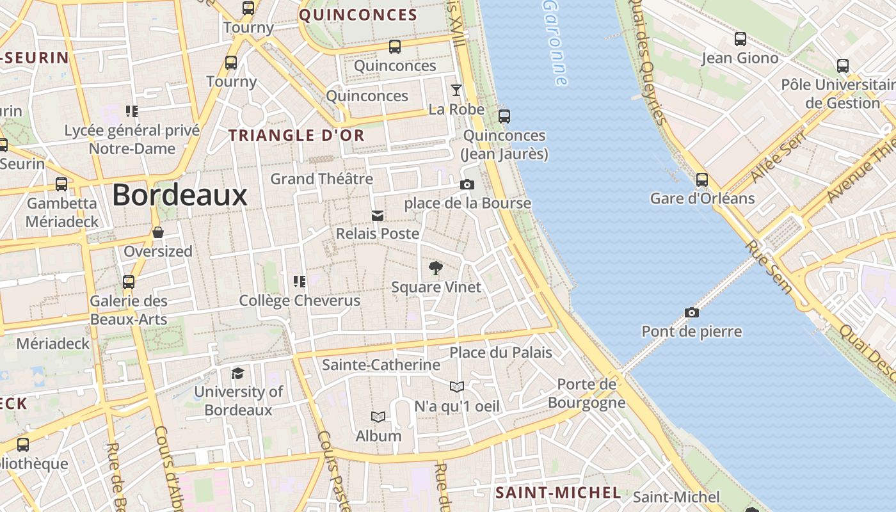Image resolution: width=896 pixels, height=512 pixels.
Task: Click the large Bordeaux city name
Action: pyautogui.click(x=180, y=195)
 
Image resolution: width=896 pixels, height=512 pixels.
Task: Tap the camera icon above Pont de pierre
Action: pyautogui.click(x=691, y=312)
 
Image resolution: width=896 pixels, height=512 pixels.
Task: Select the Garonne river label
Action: pyautogui.click(x=555, y=42)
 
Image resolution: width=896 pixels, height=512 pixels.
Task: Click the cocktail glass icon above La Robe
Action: pyautogui.click(x=456, y=90)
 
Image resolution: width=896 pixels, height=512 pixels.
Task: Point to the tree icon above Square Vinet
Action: pyautogui.click(x=436, y=268)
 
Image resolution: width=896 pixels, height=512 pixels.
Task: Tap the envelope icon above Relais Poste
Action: pyautogui.click(x=378, y=215)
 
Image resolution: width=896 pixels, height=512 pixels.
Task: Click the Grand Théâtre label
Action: pyautogui.click(x=321, y=179)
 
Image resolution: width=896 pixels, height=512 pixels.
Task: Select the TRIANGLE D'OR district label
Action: pyautogui.click(x=296, y=135)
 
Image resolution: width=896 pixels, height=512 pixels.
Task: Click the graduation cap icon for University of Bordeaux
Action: pyautogui.click(x=238, y=372)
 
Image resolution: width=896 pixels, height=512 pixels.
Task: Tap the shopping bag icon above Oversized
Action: pyautogui.click(x=158, y=232)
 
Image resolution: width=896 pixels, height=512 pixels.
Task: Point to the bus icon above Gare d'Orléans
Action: pyautogui.click(x=702, y=179)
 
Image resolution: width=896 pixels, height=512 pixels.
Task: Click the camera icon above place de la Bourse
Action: pyautogui.click(x=467, y=184)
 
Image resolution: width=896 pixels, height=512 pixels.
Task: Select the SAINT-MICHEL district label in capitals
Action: pyautogui.click(x=558, y=492)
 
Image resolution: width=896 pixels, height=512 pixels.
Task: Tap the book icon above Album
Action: pyautogui.click(x=378, y=417)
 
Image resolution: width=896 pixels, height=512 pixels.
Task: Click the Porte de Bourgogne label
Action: pyautogui.click(x=586, y=393)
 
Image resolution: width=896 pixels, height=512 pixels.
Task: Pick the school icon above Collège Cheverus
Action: pyautogui.click(x=300, y=281)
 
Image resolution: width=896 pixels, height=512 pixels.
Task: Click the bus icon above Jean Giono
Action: pyautogui.click(x=740, y=38)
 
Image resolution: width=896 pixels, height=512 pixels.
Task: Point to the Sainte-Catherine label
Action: pyautogui.click(x=381, y=365)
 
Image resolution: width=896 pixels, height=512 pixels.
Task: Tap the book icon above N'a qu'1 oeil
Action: pyautogui.click(x=457, y=387)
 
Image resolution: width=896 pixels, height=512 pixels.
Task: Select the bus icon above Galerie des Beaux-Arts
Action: pyautogui.click(x=129, y=282)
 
